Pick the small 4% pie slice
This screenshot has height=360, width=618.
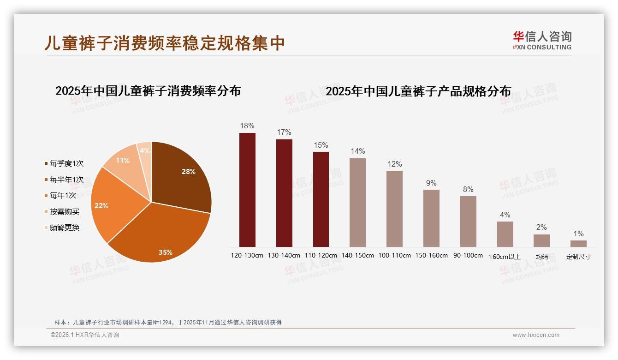(x=145, y=151)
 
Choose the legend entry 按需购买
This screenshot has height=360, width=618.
(x=64, y=212)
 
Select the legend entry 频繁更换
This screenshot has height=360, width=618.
(x=64, y=228)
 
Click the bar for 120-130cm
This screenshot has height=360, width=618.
(x=247, y=190)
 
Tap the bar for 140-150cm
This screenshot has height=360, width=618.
(x=357, y=203)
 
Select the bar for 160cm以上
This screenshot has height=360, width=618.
(x=505, y=234)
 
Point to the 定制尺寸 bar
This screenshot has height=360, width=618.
(x=578, y=243)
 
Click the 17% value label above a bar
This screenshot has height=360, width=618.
(x=284, y=132)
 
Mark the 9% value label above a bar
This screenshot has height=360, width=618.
(x=431, y=183)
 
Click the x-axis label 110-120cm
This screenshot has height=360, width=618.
(x=321, y=255)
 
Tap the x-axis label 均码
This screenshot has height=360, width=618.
(x=541, y=257)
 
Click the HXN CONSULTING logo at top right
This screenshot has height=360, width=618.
(x=542, y=41)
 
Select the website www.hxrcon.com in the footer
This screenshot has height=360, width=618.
(x=536, y=335)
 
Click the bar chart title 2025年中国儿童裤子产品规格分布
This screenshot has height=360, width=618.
(x=418, y=91)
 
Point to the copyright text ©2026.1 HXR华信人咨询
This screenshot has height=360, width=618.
(x=85, y=335)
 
